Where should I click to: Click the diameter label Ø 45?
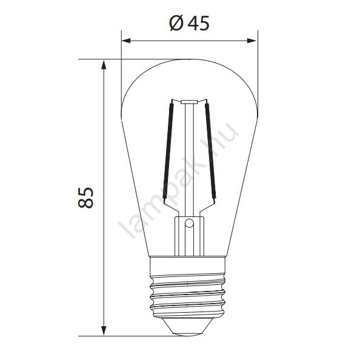tap(190, 23)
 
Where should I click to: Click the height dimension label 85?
tap(85, 198)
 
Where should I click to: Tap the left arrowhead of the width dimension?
tap(126, 41)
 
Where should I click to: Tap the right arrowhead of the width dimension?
tap(252, 41)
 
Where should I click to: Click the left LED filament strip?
tap(168, 151)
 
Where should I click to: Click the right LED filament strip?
tap(210, 151)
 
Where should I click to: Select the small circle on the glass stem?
tap(189, 223)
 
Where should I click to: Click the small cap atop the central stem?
tap(189, 102)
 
